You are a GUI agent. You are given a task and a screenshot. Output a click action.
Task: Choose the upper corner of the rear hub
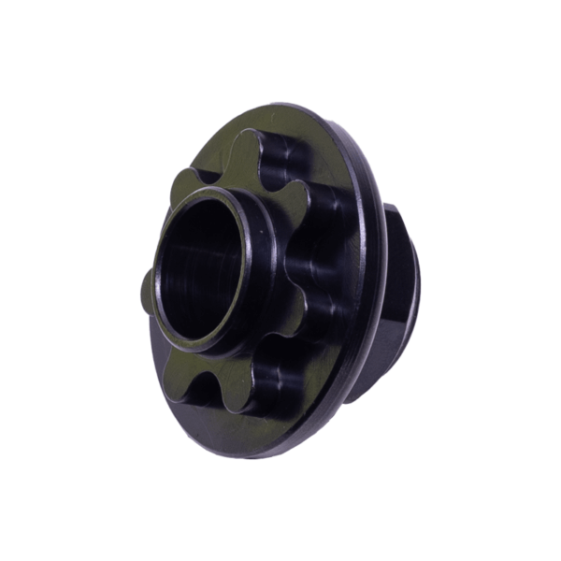coord(393,208)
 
